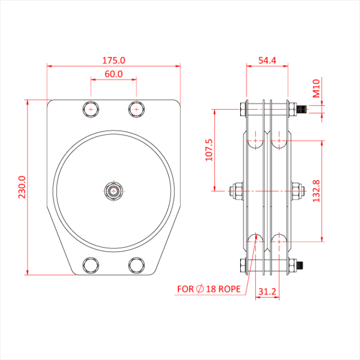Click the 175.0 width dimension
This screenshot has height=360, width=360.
click(114, 60)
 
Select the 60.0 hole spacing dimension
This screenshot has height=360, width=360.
click(114, 74)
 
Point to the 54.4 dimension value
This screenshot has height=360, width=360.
click(267, 60)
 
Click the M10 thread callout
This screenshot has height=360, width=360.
click(317, 88)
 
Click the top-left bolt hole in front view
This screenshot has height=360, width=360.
click(91, 110)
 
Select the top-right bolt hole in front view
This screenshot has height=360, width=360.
click(136, 110)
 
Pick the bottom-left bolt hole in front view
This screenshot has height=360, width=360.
click(91, 265)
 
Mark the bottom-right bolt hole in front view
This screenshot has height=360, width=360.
click(136, 265)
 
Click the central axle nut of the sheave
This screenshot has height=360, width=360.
click(114, 191)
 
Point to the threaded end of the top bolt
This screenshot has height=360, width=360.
click(302, 109)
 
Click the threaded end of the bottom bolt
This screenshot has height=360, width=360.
click(302, 266)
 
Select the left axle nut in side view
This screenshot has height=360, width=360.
click(235, 191)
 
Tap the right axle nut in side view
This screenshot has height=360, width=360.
click(297, 191)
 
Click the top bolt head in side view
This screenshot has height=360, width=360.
click(242, 109)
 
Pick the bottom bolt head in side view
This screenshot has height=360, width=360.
click(242, 266)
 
